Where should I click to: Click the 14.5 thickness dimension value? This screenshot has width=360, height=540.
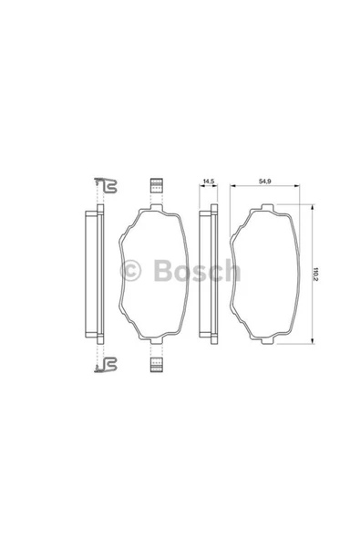click(209, 183)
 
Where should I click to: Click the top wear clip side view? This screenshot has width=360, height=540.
click(106, 188)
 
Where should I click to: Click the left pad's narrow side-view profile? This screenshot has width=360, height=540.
click(92, 274)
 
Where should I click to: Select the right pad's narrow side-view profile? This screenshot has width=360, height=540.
click(208, 274)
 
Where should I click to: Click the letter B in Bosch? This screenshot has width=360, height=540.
click(165, 272)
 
